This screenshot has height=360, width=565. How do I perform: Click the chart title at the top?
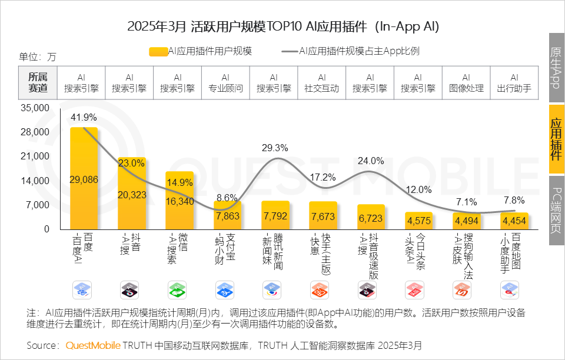pyautogui.click(x=282, y=26)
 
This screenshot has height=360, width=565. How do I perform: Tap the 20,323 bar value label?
pyautogui.click(x=132, y=195)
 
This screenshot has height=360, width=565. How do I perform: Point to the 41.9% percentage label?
pyautogui.click(x=84, y=118)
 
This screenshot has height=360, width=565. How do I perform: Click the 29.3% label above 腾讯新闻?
pyautogui.click(x=275, y=148)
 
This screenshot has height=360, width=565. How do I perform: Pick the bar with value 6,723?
pyautogui.click(x=371, y=217)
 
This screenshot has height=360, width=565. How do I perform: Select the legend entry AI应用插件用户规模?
pyautogui.click(x=200, y=51)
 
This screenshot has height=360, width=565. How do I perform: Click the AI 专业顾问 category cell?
pyautogui.click(x=225, y=82)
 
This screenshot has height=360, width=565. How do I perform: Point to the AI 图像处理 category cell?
pyautogui.click(x=466, y=82)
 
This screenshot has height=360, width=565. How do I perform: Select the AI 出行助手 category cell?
pyautogui.click(x=514, y=82)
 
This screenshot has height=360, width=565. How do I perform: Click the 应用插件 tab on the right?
pyautogui.click(x=556, y=139)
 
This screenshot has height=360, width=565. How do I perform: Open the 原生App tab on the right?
pyautogui.click(x=556, y=67)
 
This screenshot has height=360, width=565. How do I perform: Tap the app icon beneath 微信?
pyautogui.click(x=178, y=289)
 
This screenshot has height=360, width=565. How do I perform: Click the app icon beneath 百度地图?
pyautogui.click(x=509, y=289)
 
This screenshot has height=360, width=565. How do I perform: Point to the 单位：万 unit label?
pyautogui.click(x=38, y=57)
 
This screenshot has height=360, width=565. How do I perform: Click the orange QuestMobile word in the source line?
pyautogui.click(x=93, y=345)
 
